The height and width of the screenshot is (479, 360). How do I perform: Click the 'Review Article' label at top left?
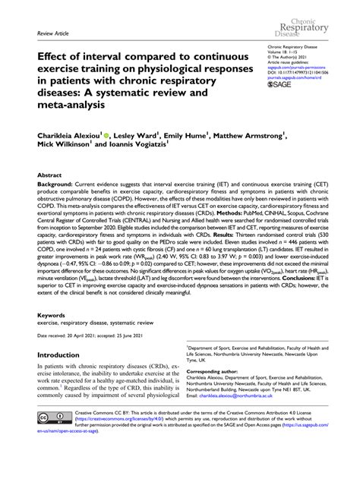click(47, 35)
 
